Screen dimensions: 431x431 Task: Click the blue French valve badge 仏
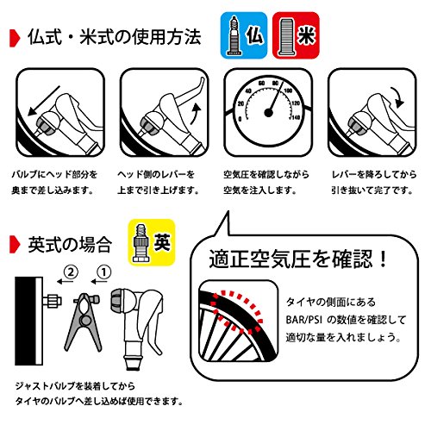pos(244,35)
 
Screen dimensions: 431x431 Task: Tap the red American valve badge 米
pos(296,35)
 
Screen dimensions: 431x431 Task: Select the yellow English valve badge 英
pos(152,242)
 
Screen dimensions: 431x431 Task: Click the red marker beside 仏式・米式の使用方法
pos(15,38)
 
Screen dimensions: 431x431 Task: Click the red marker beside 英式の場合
pos(15,245)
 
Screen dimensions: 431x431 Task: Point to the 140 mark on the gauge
pos(296,117)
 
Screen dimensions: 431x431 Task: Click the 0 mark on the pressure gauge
pos(240,119)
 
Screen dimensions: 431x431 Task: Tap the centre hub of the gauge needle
pos(268,113)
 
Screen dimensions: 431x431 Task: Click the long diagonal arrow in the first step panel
pos(44,101)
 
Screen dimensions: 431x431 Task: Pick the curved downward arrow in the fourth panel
pos(397,97)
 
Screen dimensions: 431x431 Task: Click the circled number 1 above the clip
pos(104,272)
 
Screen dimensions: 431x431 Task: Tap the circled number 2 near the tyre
pos(71,272)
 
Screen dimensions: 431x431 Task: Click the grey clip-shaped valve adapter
pos(84,322)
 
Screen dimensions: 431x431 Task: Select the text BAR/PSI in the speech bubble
pos(304,320)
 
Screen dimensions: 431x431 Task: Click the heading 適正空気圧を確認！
pos(298,259)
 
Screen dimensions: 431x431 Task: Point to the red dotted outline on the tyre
pos(237,312)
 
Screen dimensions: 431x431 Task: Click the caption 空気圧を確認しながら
pos(266,174)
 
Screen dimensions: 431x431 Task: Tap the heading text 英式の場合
pos(70,245)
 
